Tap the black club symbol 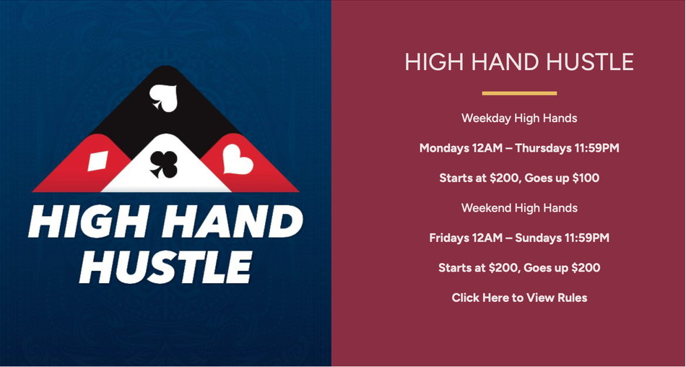pyautogui.click(x=164, y=164)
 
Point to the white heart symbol pyautogui.click(x=238, y=160)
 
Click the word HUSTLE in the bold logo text pyautogui.click(x=165, y=267)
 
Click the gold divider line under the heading pyautogui.click(x=519, y=93)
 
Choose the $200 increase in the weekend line pyautogui.click(x=586, y=267)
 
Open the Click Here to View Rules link pyautogui.click(x=519, y=298)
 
